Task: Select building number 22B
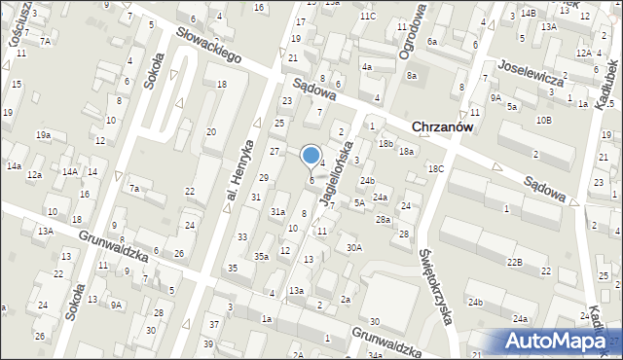pos(514,262)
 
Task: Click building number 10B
pos(542,120)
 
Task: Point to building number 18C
pos(435,169)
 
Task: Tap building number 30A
pos(354,247)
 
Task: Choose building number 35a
pos(261,256)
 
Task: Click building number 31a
pos(277,211)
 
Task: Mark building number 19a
pos(43,135)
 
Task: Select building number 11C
pos(366,17)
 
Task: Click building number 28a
pos(384,220)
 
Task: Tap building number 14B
pos(528,13)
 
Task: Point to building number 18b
pos(386,144)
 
